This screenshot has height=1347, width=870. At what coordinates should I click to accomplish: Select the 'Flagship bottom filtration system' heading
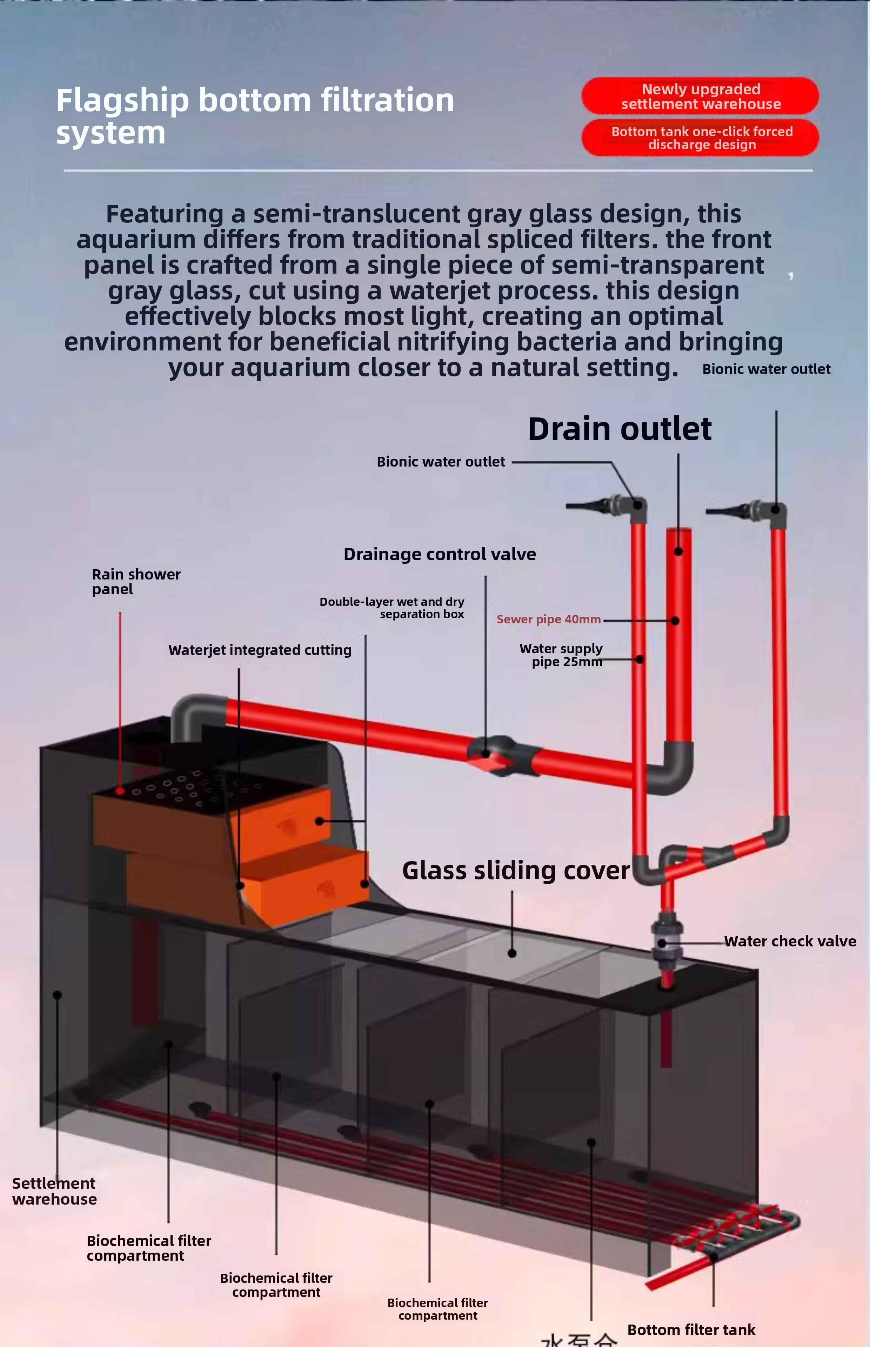[x=254, y=116]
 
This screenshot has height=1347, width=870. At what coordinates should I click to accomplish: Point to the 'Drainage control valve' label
[x=440, y=554]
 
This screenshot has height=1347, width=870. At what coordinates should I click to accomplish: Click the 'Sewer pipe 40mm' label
[x=548, y=619]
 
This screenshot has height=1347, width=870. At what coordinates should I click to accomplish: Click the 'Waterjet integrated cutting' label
[x=260, y=650]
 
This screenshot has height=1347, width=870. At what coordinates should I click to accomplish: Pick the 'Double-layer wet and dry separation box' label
[x=393, y=608]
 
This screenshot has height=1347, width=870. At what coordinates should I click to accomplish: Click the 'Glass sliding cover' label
[x=515, y=870]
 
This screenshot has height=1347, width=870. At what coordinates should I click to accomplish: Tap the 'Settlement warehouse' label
[x=54, y=1191]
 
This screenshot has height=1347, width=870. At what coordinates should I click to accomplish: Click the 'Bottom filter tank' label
[x=691, y=1330]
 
